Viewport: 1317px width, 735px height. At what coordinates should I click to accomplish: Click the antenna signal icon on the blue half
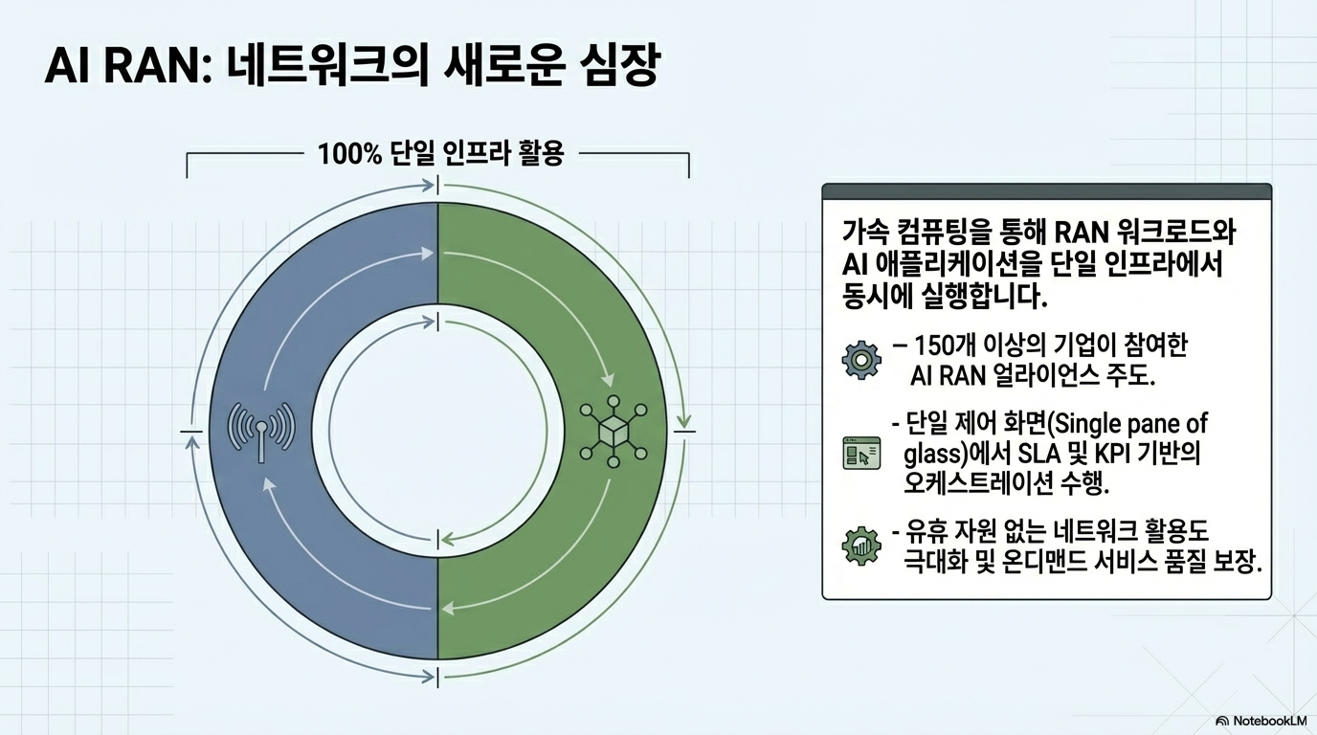[261, 427]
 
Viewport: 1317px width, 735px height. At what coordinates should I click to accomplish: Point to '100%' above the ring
[350, 153]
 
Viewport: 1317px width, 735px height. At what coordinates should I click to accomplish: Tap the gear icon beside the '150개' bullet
[860, 360]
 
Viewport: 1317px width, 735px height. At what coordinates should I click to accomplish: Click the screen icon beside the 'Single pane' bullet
[860, 453]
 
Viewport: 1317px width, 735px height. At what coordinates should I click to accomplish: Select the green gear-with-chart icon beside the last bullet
[860, 546]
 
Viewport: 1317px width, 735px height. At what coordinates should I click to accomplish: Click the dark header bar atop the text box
[1047, 191]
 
